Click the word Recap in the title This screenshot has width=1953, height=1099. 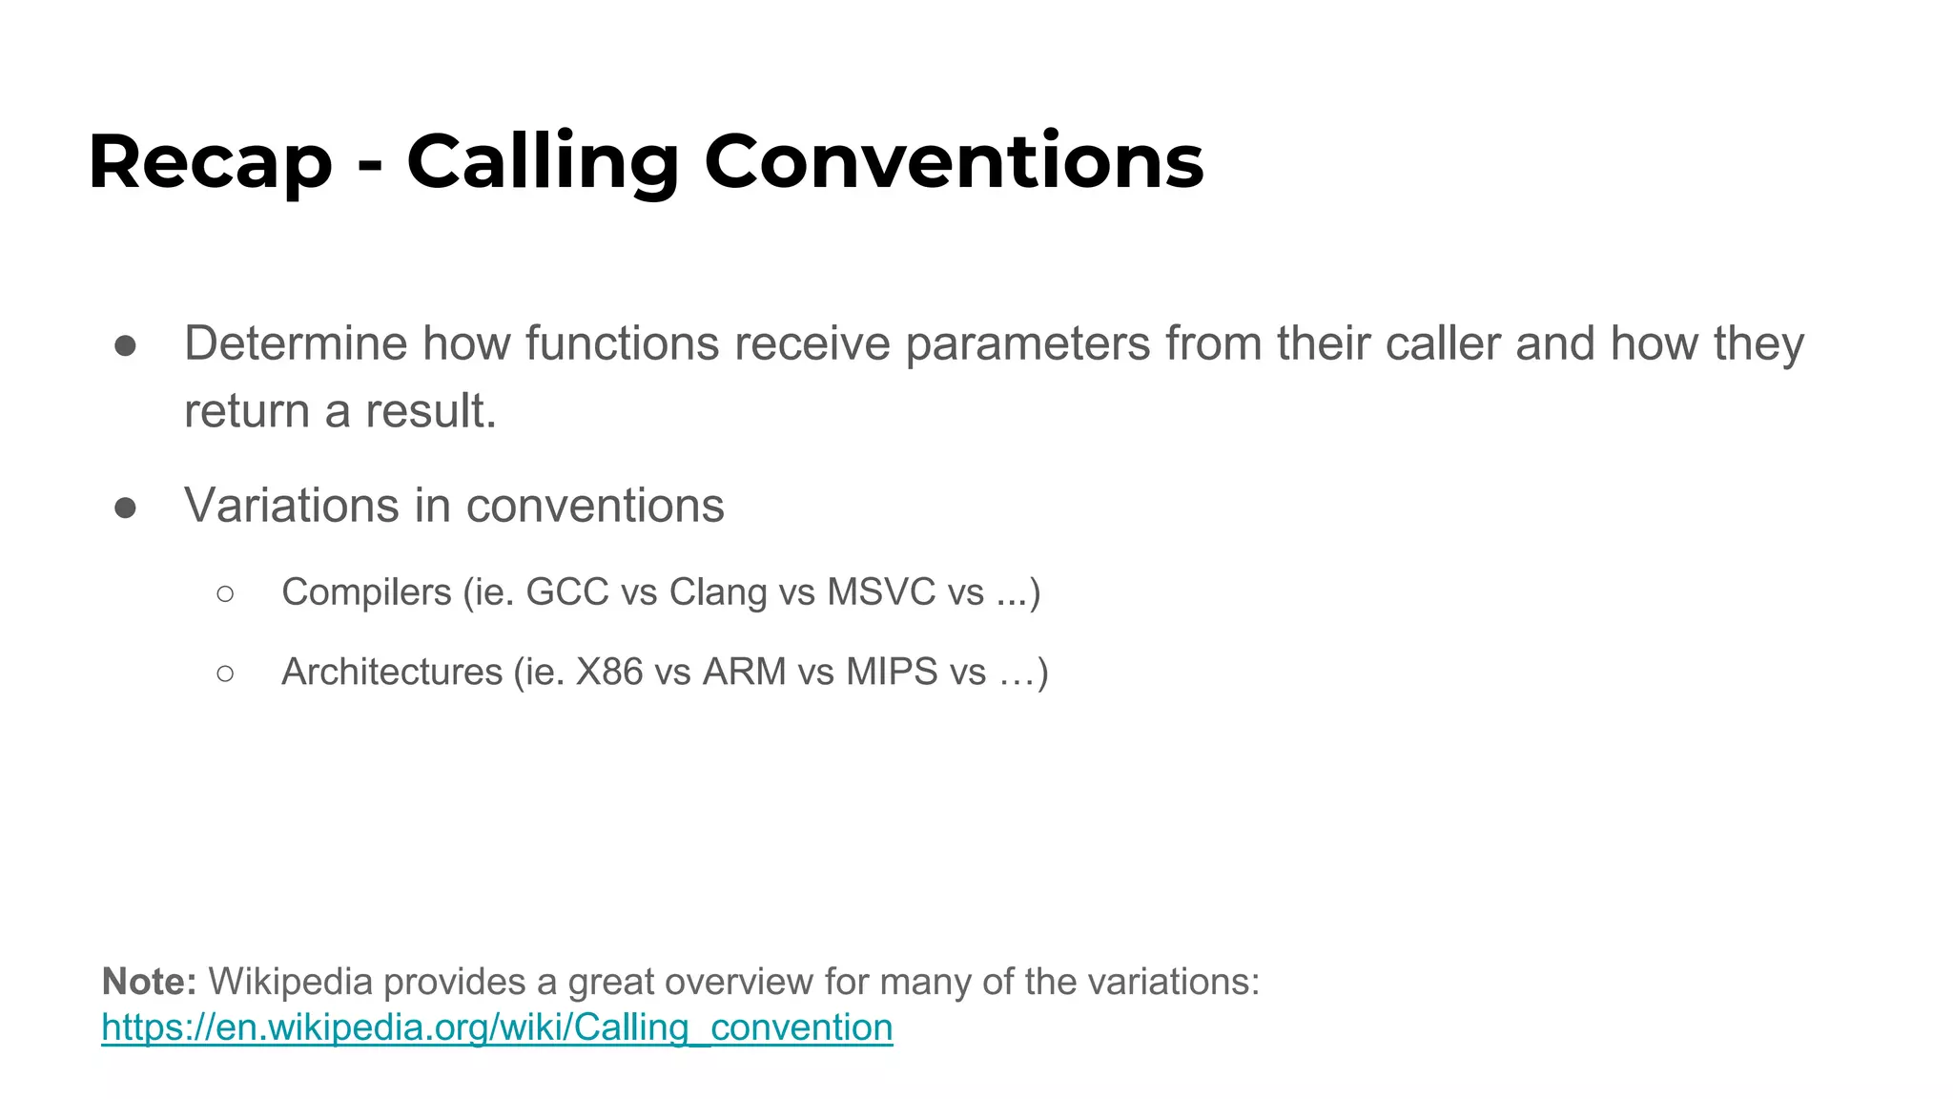(211, 162)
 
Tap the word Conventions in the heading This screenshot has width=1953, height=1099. (954, 162)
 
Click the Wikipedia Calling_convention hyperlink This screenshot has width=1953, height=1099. (497, 1027)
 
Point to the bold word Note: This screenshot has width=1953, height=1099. (149, 982)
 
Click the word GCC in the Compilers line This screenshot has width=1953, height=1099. (567, 592)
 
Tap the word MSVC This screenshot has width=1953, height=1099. (881, 592)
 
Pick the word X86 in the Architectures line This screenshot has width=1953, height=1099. (609, 672)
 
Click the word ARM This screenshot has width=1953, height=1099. (744, 672)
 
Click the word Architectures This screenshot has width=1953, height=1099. (392, 672)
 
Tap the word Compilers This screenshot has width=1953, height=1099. (366, 592)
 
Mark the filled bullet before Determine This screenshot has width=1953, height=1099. (125, 345)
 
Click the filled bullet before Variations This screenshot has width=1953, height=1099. (125, 508)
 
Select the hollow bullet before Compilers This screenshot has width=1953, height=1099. (225, 594)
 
